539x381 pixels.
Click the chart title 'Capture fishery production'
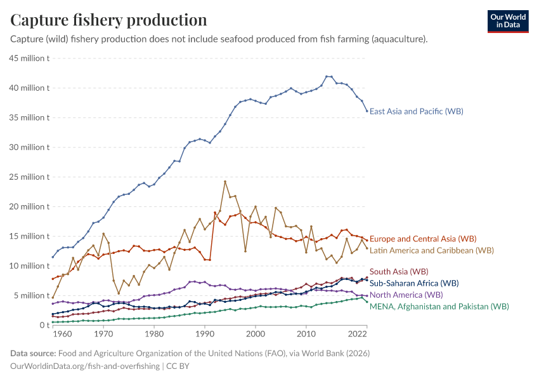108,20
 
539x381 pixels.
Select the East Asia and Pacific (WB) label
416,112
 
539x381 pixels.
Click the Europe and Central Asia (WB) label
422,239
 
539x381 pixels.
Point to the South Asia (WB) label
399,272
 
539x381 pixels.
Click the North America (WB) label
406,295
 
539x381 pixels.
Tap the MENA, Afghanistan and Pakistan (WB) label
439,306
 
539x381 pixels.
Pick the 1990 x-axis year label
204,334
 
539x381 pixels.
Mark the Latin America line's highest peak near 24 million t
225,182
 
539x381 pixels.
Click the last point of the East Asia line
367,111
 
